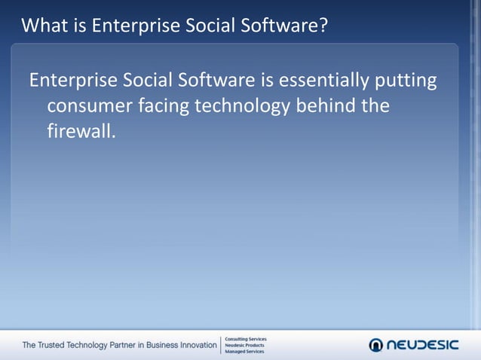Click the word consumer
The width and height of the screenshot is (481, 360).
[x=90, y=106]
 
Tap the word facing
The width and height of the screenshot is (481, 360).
[x=164, y=106]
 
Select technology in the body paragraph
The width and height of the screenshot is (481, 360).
[x=247, y=106]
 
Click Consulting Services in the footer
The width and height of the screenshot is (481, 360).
[x=246, y=339]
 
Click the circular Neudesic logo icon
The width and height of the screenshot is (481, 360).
[x=376, y=345]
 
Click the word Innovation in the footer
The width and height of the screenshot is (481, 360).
[x=196, y=346]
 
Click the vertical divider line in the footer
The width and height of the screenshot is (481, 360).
[x=220, y=346]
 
